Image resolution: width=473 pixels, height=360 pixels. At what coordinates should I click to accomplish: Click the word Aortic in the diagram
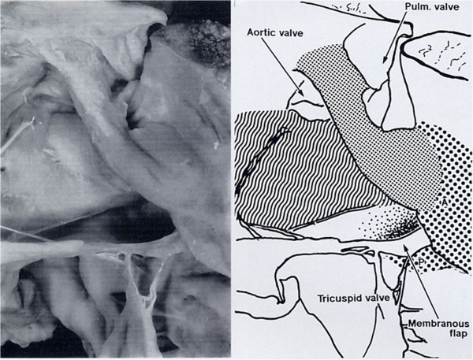(x=261, y=32)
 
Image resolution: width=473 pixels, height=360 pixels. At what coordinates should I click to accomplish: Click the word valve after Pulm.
(x=447, y=6)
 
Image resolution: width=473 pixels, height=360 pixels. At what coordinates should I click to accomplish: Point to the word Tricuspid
(x=338, y=299)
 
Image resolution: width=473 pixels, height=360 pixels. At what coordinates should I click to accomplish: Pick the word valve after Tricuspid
(x=376, y=299)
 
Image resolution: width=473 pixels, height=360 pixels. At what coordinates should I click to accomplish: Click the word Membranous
(x=438, y=324)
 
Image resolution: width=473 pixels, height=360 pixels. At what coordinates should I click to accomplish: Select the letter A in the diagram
(x=445, y=202)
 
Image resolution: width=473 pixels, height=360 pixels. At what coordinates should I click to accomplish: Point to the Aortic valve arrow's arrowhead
(x=301, y=95)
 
